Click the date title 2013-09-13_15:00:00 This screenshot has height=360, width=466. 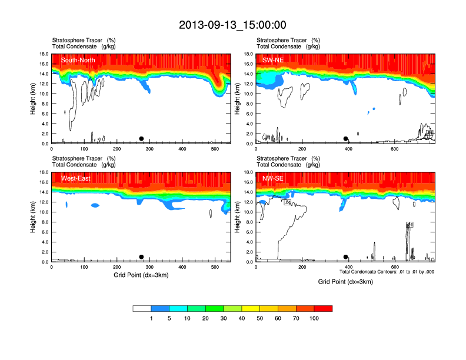point(232,25)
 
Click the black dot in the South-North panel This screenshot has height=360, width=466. point(141,139)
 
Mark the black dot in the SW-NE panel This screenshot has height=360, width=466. point(346,139)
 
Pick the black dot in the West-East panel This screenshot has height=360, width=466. point(141,257)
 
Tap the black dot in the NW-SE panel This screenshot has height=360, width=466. point(346,257)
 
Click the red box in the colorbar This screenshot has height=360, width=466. point(323,308)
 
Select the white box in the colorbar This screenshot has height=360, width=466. point(142,308)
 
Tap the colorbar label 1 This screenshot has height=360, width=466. point(151,318)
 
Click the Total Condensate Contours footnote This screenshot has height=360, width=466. point(387,272)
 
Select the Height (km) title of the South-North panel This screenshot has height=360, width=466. point(34,99)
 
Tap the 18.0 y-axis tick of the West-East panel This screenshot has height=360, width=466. point(43,172)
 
